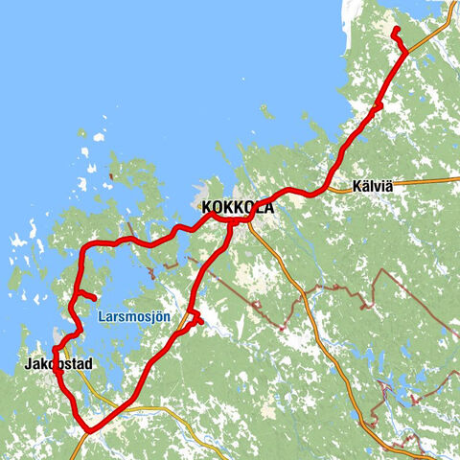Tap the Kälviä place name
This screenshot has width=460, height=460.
tap(372, 188)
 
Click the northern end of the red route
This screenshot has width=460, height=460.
tap(393, 30)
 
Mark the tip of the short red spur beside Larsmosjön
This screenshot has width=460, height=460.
tap(93, 297)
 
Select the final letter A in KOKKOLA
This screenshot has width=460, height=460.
tap(268, 207)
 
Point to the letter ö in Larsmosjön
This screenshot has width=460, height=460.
tap(156, 314)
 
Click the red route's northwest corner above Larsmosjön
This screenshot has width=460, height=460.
tap(83, 247)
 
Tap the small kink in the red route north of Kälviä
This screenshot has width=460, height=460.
tap(379, 103)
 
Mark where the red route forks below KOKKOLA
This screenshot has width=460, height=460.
tap(231, 225)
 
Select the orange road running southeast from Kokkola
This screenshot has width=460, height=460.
tap(287, 268)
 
